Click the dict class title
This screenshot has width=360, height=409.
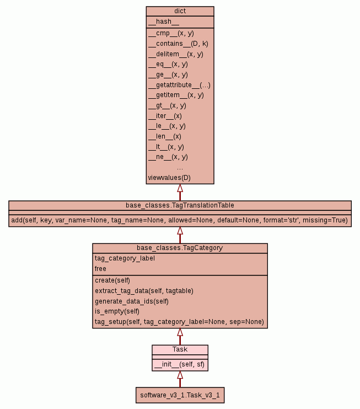click(180, 10)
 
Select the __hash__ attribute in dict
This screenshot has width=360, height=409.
click(163, 22)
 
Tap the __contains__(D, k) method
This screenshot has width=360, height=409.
click(178, 44)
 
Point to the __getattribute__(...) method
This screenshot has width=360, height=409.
click(179, 85)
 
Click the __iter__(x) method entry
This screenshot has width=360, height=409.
click(165, 116)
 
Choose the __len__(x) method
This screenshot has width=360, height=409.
click(164, 136)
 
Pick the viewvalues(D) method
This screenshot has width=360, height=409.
click(169, 178)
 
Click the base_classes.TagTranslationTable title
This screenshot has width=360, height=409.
click(180, 205)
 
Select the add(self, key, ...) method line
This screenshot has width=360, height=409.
click(180, 220)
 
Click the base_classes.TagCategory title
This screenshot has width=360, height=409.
click(180, 248)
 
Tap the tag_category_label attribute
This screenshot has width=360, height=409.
click(125, 258)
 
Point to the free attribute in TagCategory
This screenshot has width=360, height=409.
click(100, 269)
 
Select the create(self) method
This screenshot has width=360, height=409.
click(112, 280)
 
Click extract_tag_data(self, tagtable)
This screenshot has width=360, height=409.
click(144, 290)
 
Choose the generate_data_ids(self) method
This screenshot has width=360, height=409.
click(132, 301)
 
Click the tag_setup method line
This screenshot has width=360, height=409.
click(179, 322)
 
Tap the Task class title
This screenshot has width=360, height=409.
click(180, 349)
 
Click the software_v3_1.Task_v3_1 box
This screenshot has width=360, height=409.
click(180, 395)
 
